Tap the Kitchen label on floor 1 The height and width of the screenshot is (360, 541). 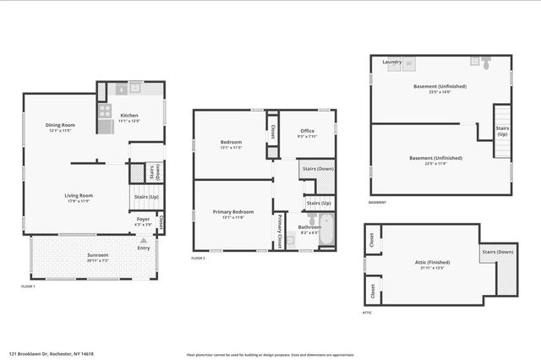tap(128, 116)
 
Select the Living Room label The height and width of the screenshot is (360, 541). tap(79, 196)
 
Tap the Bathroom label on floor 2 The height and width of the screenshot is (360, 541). tap(309, 227)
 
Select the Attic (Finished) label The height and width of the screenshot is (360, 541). tap(426, 266)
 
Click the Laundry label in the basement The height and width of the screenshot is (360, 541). tap(391, 62)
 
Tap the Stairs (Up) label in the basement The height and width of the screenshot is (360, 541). tap(502, 131)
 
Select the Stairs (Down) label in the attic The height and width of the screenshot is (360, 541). tap(498, 252)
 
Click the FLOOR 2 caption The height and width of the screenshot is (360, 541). tap(199, 257)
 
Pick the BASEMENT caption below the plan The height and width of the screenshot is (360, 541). tap(378, 202)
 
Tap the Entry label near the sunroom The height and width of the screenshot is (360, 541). tap(144, 248)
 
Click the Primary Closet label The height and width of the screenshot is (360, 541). tap(279, 230)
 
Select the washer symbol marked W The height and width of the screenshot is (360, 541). tap(409, 63)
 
